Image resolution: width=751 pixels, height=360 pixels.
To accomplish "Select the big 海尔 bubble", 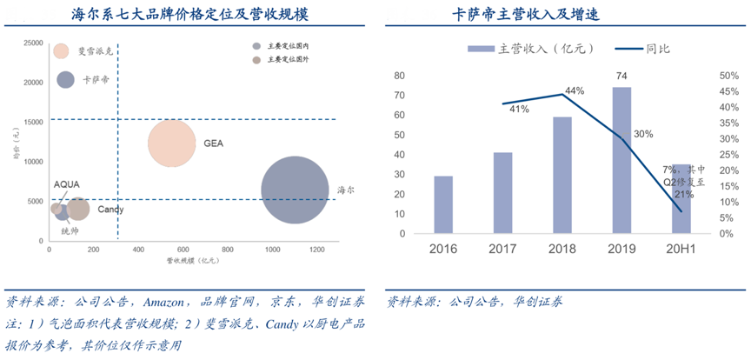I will pyautogui.click(x=295, y=190).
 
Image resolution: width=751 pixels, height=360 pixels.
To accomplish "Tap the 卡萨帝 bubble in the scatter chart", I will pyautogui.click(x=65, y=80).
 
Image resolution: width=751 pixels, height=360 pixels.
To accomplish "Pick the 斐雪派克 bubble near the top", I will pyautogui.click(x=61, y=51).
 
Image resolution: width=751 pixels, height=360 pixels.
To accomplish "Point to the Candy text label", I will pyautogui.click(x=110, y=210).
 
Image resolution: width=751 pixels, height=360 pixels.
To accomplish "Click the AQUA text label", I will pyautogui.click(x=67, y=184).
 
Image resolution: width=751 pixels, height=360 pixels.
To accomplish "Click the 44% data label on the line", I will pyautogui.click(x=575, y=90).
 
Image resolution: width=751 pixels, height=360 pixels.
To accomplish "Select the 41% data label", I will pyautogui.click(x=520, y=110).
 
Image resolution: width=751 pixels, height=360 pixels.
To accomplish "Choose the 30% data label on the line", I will pyautogui.click(x=644, y=135).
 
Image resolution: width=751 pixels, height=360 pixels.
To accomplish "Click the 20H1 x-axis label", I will pyautogui.click(x=681, y=250).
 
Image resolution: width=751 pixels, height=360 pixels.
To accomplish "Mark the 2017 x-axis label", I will pyautogui.click(x=502, y=250).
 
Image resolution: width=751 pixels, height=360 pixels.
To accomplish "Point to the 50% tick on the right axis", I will pyautogui.click(x=727, y=76).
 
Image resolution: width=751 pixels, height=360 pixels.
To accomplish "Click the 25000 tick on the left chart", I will pyautogui.click(x=34, y=43).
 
